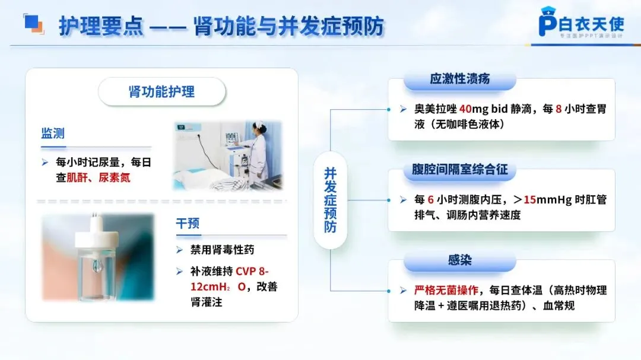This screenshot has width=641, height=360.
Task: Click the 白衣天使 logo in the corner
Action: tap(581, 23)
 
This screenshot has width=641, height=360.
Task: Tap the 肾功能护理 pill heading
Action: tap(162, 91)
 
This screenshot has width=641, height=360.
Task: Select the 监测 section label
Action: tap(53, 133)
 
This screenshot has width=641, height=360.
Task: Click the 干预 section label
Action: tap(188, 223)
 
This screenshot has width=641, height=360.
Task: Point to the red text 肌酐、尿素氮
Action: tap(98, 178)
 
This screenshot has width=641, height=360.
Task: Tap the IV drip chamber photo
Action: tap(98, 257)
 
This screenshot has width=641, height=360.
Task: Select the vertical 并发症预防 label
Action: tap(331, 200)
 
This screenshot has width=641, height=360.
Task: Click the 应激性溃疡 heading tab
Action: tap(459, 79)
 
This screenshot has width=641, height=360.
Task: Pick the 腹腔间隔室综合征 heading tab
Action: tap(459, 169)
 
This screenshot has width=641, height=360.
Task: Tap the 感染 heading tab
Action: tap(459, 260)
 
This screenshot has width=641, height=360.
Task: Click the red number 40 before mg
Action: tap(465, 109)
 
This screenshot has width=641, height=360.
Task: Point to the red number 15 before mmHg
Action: tap(529, 200)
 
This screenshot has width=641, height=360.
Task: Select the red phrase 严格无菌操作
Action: tap(446, 291)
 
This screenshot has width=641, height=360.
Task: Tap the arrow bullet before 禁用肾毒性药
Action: tap(179, 250)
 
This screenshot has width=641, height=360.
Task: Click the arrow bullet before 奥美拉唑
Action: tap(403, 109)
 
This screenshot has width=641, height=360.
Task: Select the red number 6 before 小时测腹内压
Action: tap(430, 200)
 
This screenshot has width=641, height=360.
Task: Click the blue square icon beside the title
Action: tap(33, 24)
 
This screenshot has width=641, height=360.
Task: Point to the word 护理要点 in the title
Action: tap(101, 26)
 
